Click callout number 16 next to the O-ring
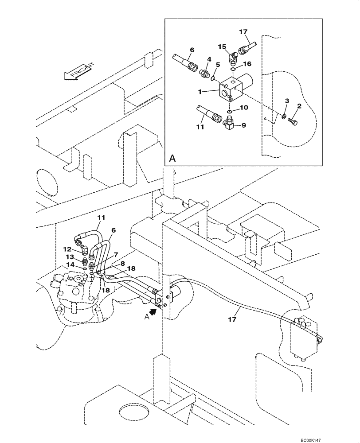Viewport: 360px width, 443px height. coord(247,64)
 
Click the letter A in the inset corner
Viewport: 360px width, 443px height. coord(172,158)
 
